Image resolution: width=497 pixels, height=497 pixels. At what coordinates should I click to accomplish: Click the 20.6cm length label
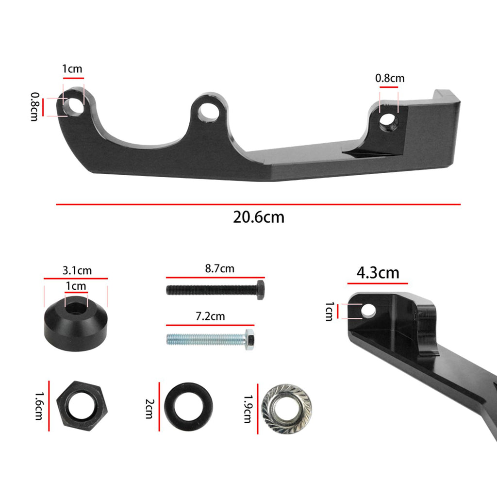[x=259, y=217]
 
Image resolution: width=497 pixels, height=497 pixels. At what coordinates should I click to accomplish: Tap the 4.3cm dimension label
[x=378, y=273]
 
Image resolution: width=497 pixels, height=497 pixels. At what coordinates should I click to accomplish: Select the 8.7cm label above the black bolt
[x=220, y=269]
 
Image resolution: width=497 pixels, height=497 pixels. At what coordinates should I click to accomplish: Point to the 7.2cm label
[x=210, y=316]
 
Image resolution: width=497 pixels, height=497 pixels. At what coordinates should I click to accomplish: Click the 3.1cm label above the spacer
[x=77, y=271]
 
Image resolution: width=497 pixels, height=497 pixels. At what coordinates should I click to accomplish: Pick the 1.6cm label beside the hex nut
[x=39, y=406]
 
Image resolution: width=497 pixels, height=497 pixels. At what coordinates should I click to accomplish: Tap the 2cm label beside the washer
[x=149, y=409]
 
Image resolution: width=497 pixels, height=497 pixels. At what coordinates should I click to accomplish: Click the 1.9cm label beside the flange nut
[x=248, y=409]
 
